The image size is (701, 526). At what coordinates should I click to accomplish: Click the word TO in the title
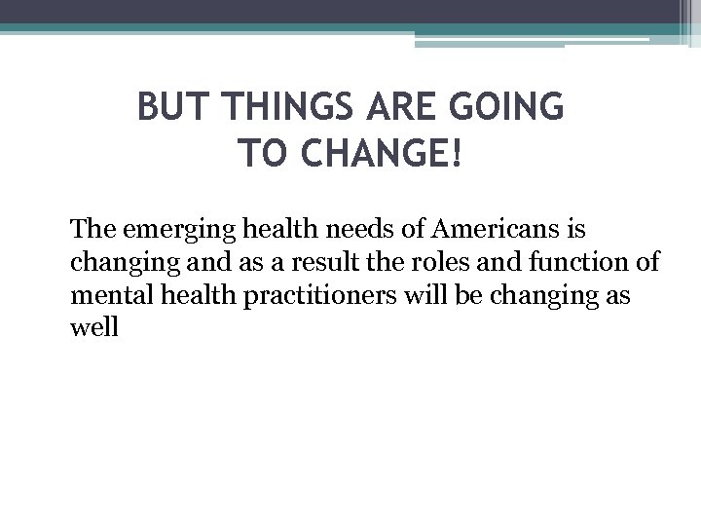[258, 152]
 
